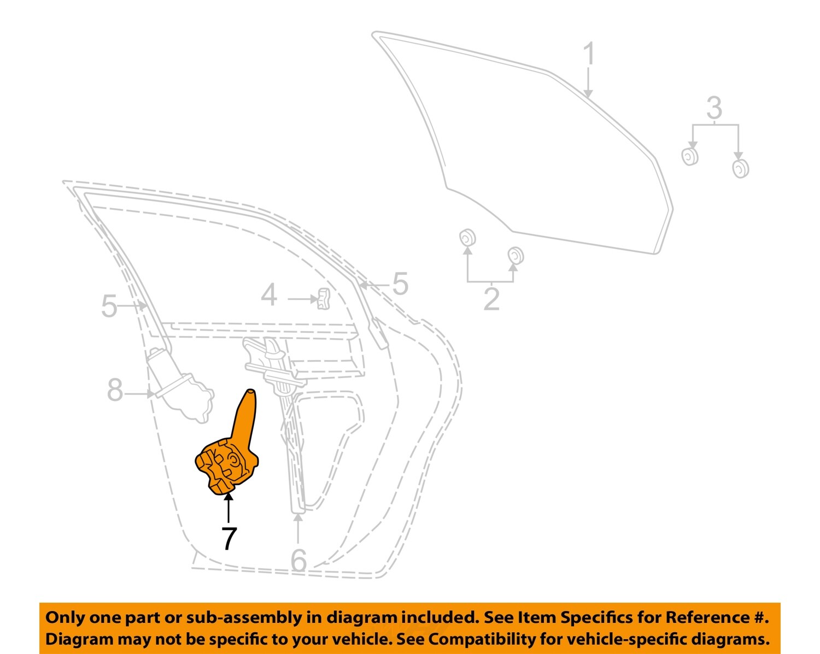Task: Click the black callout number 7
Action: pyautogui.click(x=229, y=538)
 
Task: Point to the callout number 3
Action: pyautogui.click(x=714, y=108)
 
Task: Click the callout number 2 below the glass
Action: pyautogui.click(x=491, y=299)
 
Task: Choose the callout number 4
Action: pyautogui.click(x=268, y=296)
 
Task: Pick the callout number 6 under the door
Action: pyautogui.click(x=298, y=560)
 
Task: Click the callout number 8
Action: pyautogui.click(x=115, y=391)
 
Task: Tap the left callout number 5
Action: pyautogui.click(x=109, y=306)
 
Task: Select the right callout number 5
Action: pyautogui.click(x=400, y=284)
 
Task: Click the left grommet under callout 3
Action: pyautogui.click(x=690, y=156)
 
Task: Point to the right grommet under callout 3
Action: pyautogui.click(x=740, y=168)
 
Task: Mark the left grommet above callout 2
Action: pyautogui.click(x=467, y=238)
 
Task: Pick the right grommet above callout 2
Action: pyautogui.click(x=515, y=255)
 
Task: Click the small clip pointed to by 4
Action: pyautogui.click(x=323, y=299)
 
